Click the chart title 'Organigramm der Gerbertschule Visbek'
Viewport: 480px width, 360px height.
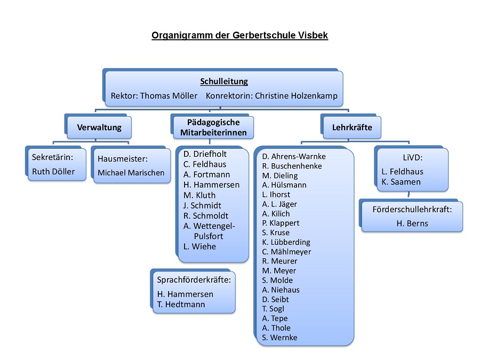pos(239,35)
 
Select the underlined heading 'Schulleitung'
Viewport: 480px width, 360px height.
pos(224,82)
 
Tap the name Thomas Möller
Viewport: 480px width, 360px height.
pos(169,96)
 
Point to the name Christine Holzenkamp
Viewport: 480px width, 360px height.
pos(296,96)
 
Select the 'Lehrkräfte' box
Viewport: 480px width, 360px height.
pos(353,127)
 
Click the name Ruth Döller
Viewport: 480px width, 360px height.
pos(53,171)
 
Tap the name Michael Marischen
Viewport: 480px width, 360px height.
pos(131,173)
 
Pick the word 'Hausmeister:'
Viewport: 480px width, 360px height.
pos(123,159)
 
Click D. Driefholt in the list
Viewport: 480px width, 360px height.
pos(205,154)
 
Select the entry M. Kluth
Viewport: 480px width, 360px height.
pos(199,195)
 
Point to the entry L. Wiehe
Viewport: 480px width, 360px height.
pos(199,247)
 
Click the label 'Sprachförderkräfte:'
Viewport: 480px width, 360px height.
pos(194,280)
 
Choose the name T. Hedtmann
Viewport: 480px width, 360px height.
pos(181,305)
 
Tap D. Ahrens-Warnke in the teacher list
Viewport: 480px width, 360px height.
pos(294,156)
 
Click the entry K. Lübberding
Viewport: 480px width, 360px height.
pos(286,242)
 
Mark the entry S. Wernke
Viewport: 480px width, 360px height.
pos(280,338)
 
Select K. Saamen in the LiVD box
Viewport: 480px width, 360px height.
pos(401,182)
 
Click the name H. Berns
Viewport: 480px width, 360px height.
pos(412,223)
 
